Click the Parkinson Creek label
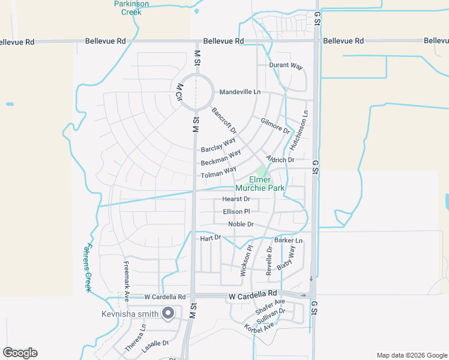(x=131, y=7)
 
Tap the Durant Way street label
(x=286, y=65)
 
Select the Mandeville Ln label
(x=240, y=92)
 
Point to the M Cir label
(x=179, y=94)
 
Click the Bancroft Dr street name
(x=224, y=121)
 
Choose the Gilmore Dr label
(x=276, y=126)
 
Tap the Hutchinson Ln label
(x=300, y=130)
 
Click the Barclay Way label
(x=218, y=145)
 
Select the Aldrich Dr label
(x=280, y=158)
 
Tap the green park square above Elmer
(x=261, y=172)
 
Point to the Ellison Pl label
(x=236, y=212)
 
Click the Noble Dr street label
(x=241, y=224)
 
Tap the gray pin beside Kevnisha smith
(x=169, y=313)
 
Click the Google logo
(x=20, y=353)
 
